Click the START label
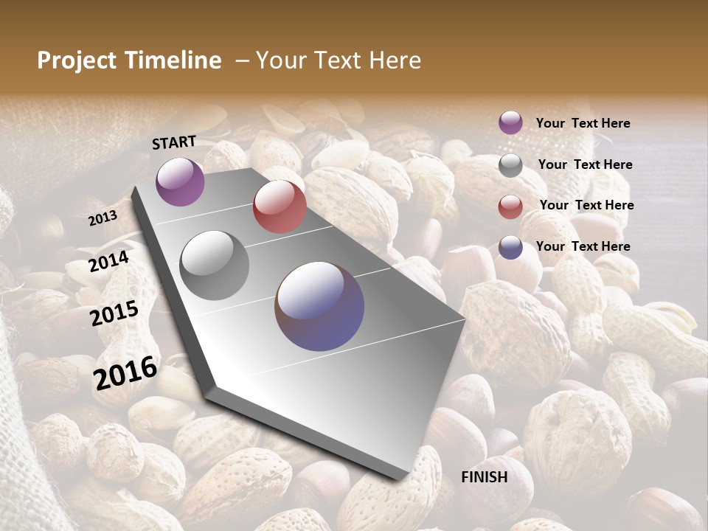tap(174, 142)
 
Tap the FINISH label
tap(485, 477)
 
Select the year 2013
tap(103, 218)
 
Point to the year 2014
tap(109, 262)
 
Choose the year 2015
tap(114, 314)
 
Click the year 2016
tap(125, 372)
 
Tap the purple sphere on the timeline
tap(180, 181)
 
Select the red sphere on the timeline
tap(280, 206)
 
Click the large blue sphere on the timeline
tap(319, 306)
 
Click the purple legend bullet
tap(510, 122)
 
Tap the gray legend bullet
tap(510, 165)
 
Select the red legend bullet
tap(510, 206)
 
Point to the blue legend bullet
tap(510, 247)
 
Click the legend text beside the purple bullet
tap(583, 123)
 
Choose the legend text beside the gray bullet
tap(585, 164)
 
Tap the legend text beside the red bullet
tap(586, 205)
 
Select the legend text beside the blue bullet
tap(583, 246)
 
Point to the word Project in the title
tap(77, 60)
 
